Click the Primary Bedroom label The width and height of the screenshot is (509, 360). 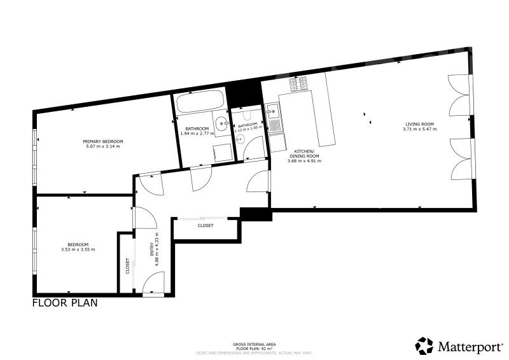click(x=102, y=141)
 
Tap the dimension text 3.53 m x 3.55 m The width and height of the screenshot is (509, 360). click(x=81, y=249)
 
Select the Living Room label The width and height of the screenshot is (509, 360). click(x=417, y=124)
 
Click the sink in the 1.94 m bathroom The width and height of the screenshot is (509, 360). click(x=221, y=123)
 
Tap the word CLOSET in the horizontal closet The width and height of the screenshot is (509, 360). click(x=205, y=226)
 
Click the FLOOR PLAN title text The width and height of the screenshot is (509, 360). click(x=65, y=303)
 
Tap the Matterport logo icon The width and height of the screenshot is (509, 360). click(x=424, y=345)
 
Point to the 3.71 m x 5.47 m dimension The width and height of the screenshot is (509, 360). click(x=417, y=129)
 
